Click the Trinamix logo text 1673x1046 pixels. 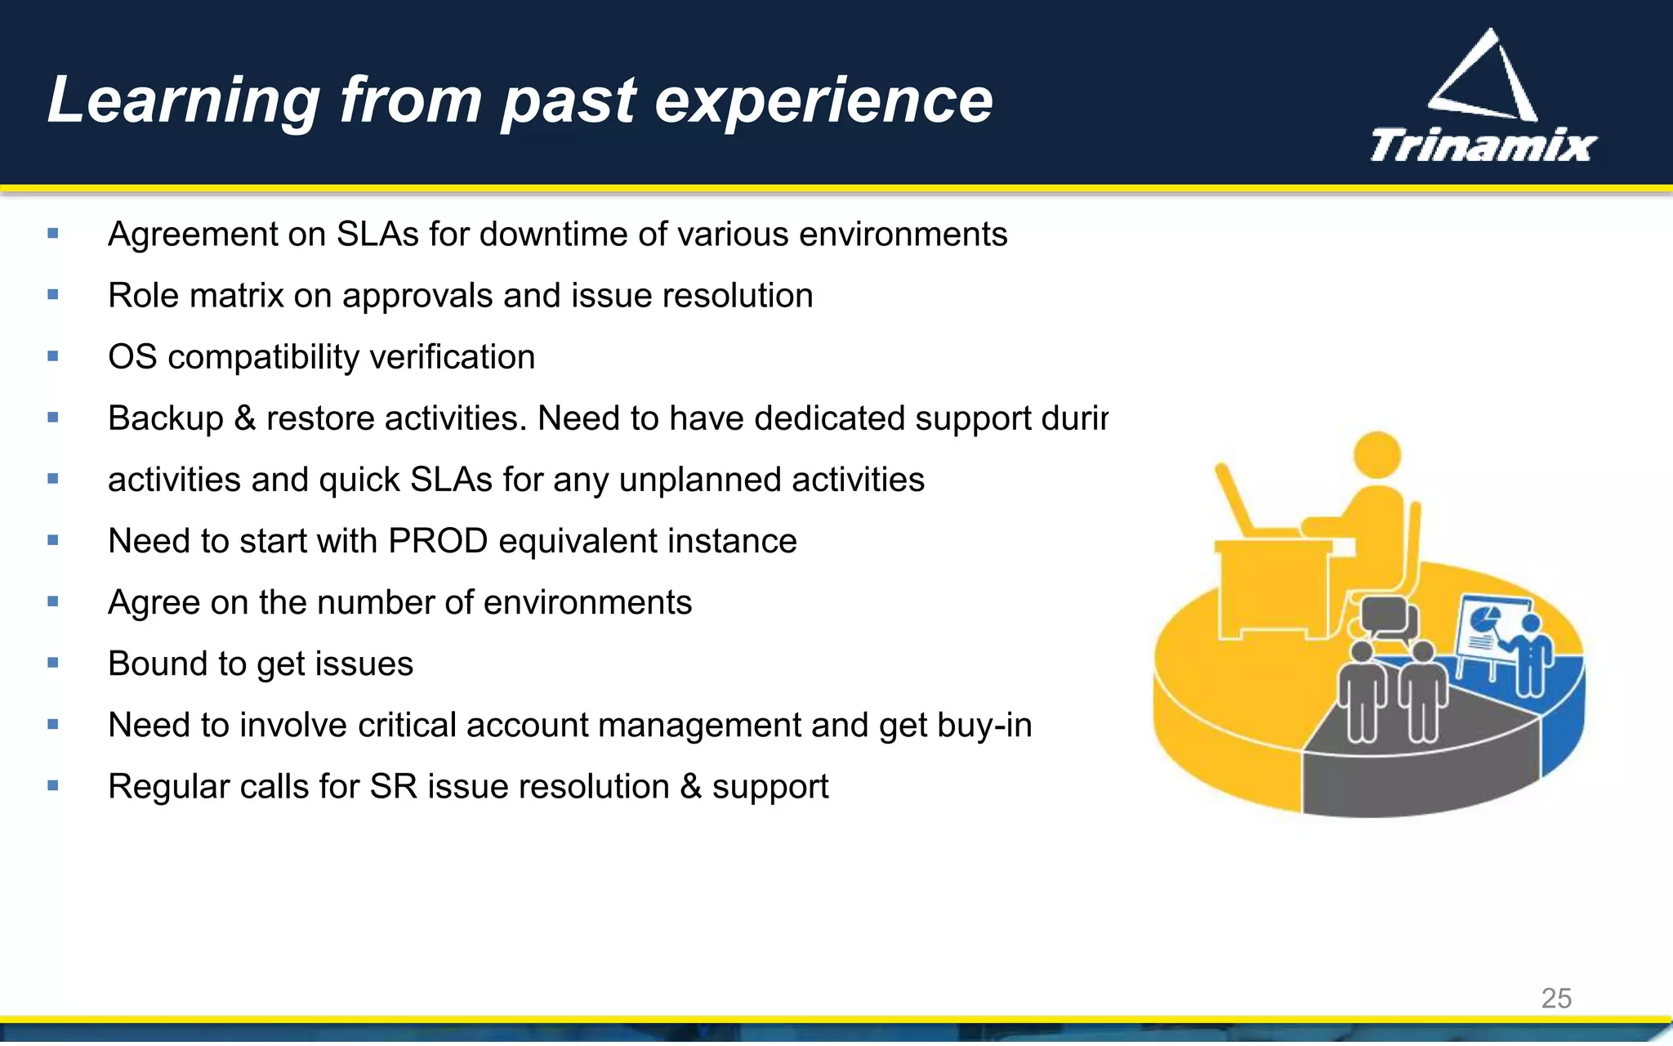[1483, 146]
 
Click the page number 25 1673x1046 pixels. [1555, 998]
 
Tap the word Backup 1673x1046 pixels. [165, 418]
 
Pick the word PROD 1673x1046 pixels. [438, 541]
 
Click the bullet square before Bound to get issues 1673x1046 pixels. [53, 663]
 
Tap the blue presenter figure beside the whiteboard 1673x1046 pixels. [1530, 654]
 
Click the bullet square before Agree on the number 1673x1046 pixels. [53, 601]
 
